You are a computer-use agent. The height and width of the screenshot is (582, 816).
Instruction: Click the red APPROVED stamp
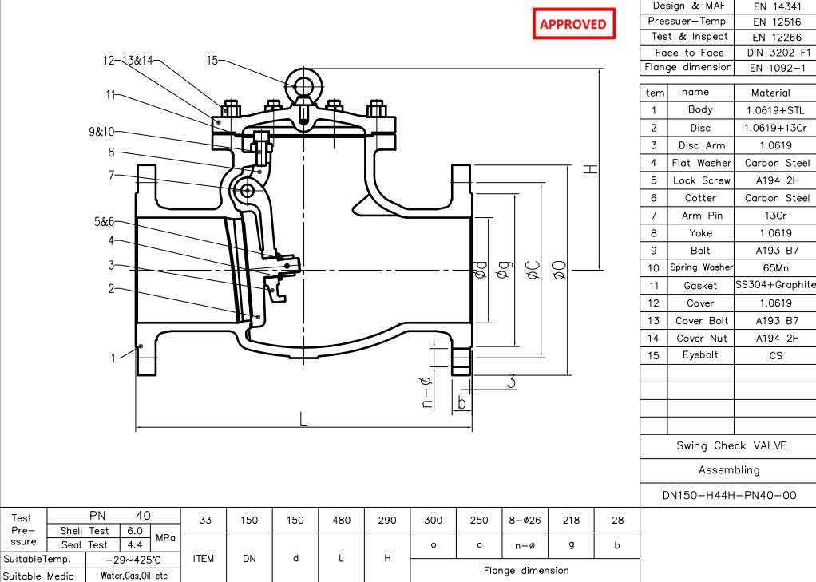pyautogui.click(x=573, y=24)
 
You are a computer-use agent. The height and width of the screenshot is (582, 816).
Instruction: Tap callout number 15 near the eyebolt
pyautogui.click(x=212, y=61)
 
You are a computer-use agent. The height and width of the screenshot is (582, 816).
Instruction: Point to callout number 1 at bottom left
pyautogui.click(x=113, y=358)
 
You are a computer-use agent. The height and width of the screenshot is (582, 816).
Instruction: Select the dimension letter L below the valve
pyautogui.click(x=303, y=419)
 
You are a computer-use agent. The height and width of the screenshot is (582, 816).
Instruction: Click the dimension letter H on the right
pyautogui.click(x=588, y=168)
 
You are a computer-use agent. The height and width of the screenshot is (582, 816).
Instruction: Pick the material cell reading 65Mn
pyautogui.click(x=770, y=268)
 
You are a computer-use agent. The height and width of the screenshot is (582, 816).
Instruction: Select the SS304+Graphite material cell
pyautogui.click(x=774, y=285)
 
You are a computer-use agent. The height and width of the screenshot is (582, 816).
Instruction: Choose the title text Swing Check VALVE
pyautogui.click(x=731, y=445)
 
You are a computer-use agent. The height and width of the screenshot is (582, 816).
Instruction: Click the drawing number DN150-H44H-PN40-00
pyautogui.click(x=729, y=495)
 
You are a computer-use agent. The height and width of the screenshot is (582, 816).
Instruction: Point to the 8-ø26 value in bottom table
pyautogui.click(x=524, y=521)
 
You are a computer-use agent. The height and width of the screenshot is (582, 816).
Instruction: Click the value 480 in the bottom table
pyautogui.click(x=341, y=521)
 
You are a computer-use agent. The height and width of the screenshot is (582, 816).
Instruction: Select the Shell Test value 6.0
pyautogui.click(x=134, y=531)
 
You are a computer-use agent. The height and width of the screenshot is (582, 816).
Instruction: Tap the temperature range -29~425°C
pyautogui.click(x=133, y=560)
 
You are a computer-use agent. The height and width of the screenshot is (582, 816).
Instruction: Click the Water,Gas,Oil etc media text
pyautogui.click(x=134, y=576)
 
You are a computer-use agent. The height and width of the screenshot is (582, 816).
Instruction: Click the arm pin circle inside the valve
pyautogui.click(x=247, y=190)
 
